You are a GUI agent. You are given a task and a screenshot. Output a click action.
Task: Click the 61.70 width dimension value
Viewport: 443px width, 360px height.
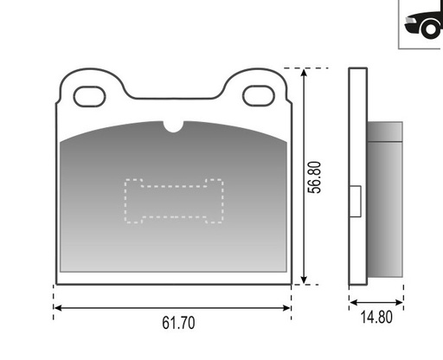coord(178,323)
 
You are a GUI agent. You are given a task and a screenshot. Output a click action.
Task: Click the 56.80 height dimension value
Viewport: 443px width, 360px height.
coord(314,177)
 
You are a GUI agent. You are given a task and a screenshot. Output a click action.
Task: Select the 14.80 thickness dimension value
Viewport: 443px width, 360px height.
coord(376,317)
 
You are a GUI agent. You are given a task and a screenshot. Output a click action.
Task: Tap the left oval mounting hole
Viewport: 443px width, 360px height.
coord(89,96)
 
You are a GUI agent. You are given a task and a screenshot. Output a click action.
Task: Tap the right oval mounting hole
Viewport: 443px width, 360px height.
coord(259,96)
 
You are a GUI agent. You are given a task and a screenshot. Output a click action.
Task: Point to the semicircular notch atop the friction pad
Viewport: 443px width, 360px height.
coord(174,126)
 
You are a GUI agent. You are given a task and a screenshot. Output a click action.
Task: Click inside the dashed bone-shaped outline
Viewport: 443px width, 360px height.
coord(174,201)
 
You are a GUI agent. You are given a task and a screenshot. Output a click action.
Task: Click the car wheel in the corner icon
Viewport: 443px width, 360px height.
coord(430,29)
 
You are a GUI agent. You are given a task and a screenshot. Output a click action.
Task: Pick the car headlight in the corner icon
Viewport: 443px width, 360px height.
coord(410,20)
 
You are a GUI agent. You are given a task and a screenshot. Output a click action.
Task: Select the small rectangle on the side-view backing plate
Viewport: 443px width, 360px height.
coord(356,201)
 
